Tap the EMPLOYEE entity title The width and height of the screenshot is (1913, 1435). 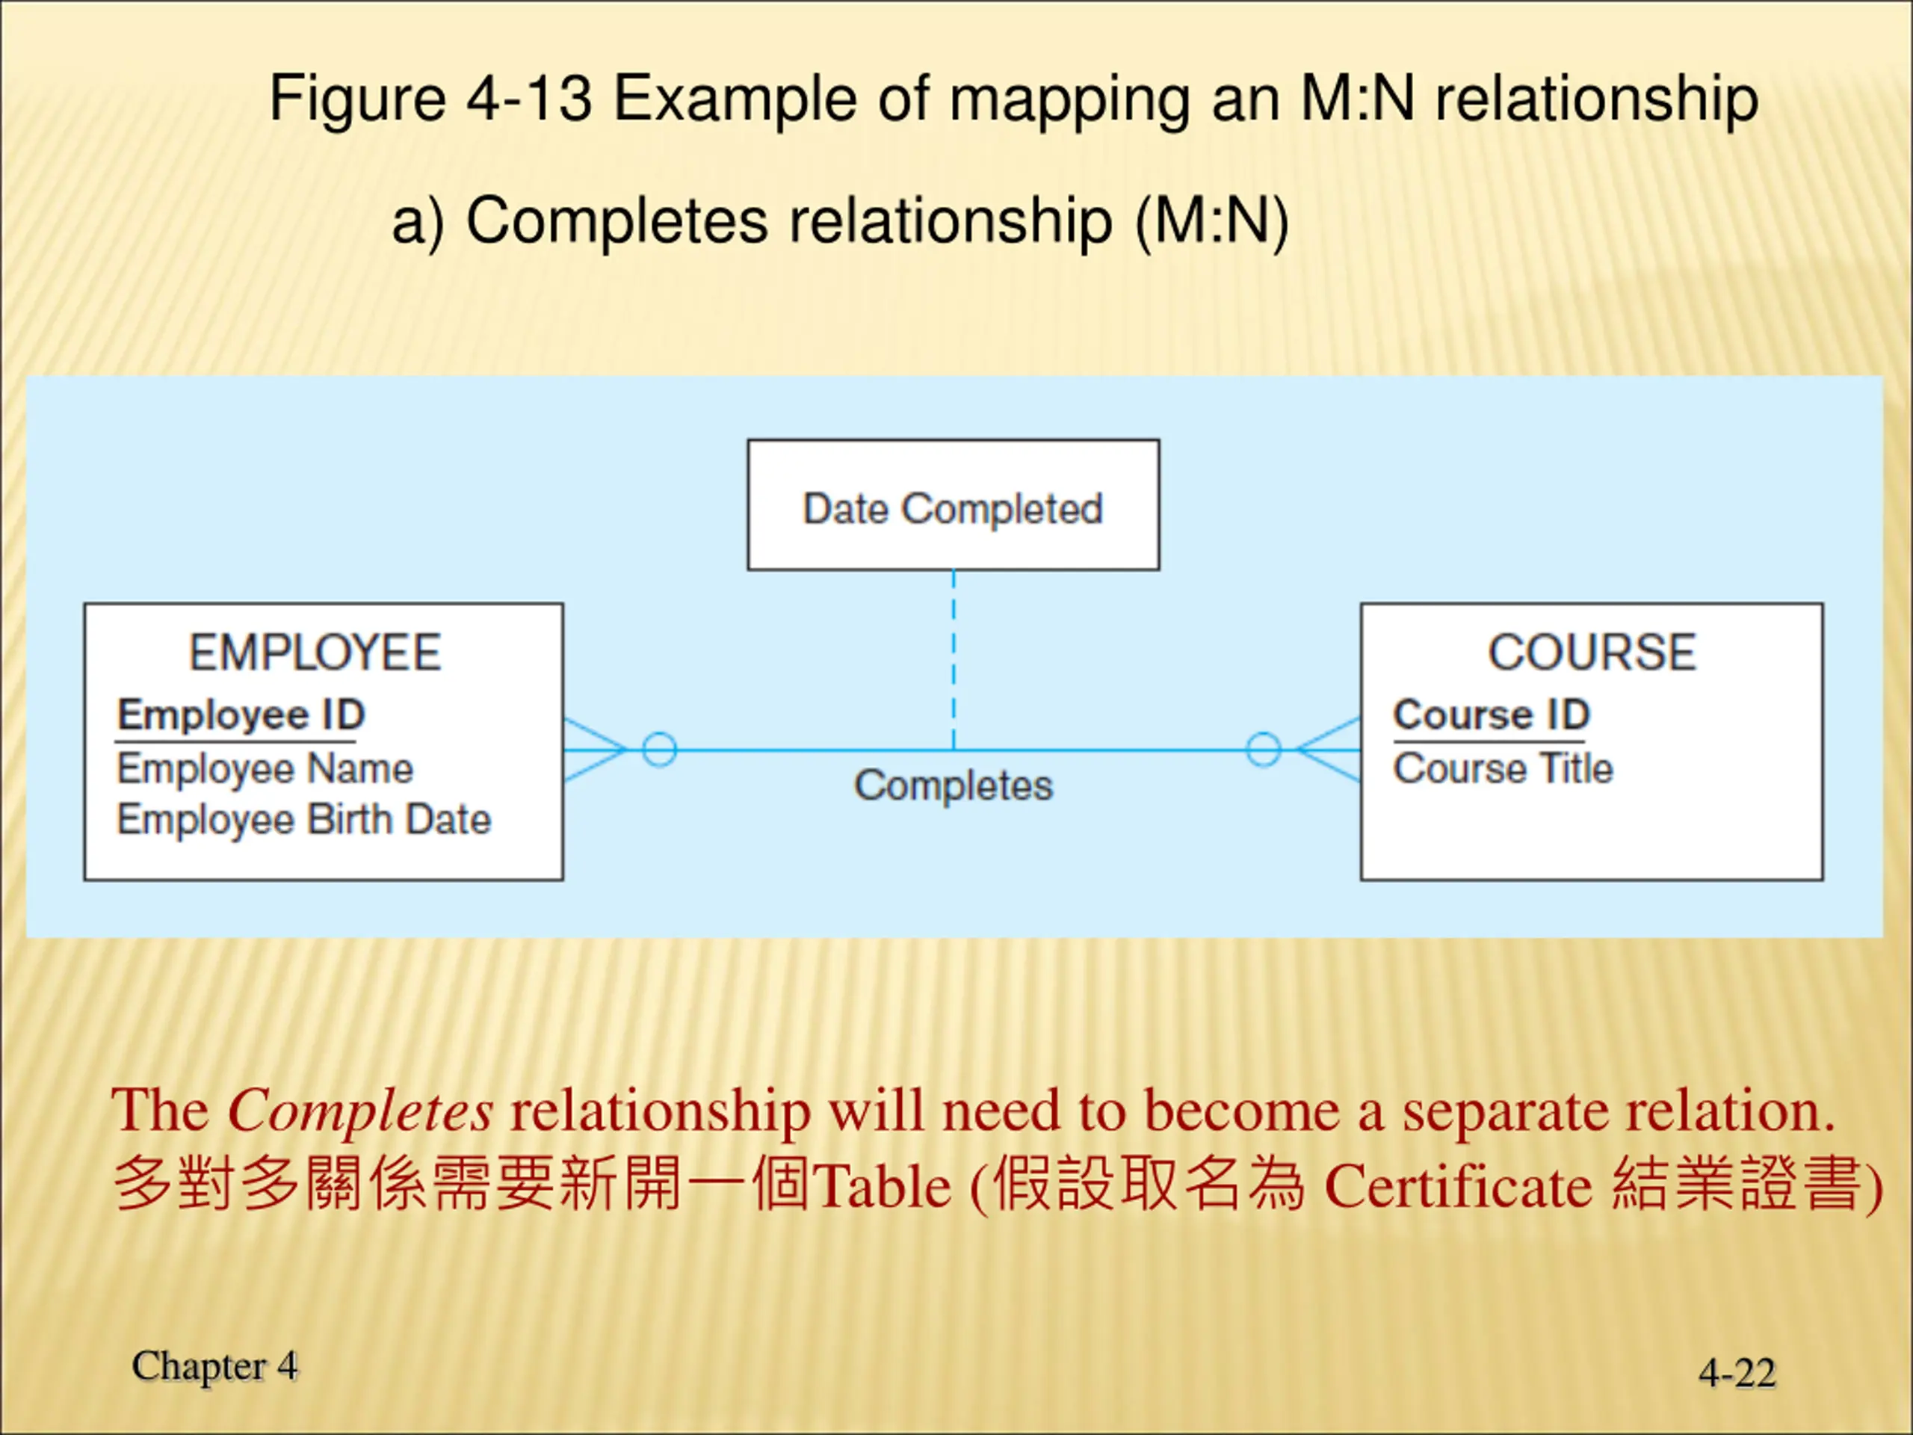(315, 652)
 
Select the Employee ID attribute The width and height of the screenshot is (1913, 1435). (241, 715)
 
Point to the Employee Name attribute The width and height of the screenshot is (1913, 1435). (265, 769)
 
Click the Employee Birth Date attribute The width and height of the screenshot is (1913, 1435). (303, 820)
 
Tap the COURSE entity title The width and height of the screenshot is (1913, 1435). (1591, 652)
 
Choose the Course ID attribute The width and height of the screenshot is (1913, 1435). (1491, 715)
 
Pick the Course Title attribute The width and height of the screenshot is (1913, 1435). (1503, 769)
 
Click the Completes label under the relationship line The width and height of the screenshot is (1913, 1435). (953, 786)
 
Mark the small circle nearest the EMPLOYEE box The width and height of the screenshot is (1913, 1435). (659, 750)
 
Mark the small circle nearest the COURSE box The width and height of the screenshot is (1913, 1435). (1263, 750)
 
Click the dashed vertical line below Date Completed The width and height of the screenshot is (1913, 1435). (953, 658)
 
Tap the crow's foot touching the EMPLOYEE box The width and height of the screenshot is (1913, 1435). (593, 750)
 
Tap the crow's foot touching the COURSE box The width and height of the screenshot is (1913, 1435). (1329, 750)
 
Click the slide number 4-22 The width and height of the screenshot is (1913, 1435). (1737, 1373)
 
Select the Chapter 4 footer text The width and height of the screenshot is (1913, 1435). (214, 1367)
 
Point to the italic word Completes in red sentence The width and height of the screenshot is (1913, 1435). (359, 1111)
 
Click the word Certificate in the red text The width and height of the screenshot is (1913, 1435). (1458, 1186)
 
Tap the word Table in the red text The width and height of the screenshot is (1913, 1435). (883, 1186)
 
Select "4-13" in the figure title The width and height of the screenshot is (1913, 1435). (529, 99)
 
